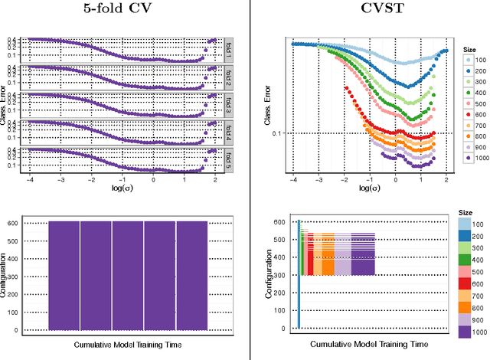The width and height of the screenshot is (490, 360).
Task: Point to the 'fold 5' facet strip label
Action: [228, 159]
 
